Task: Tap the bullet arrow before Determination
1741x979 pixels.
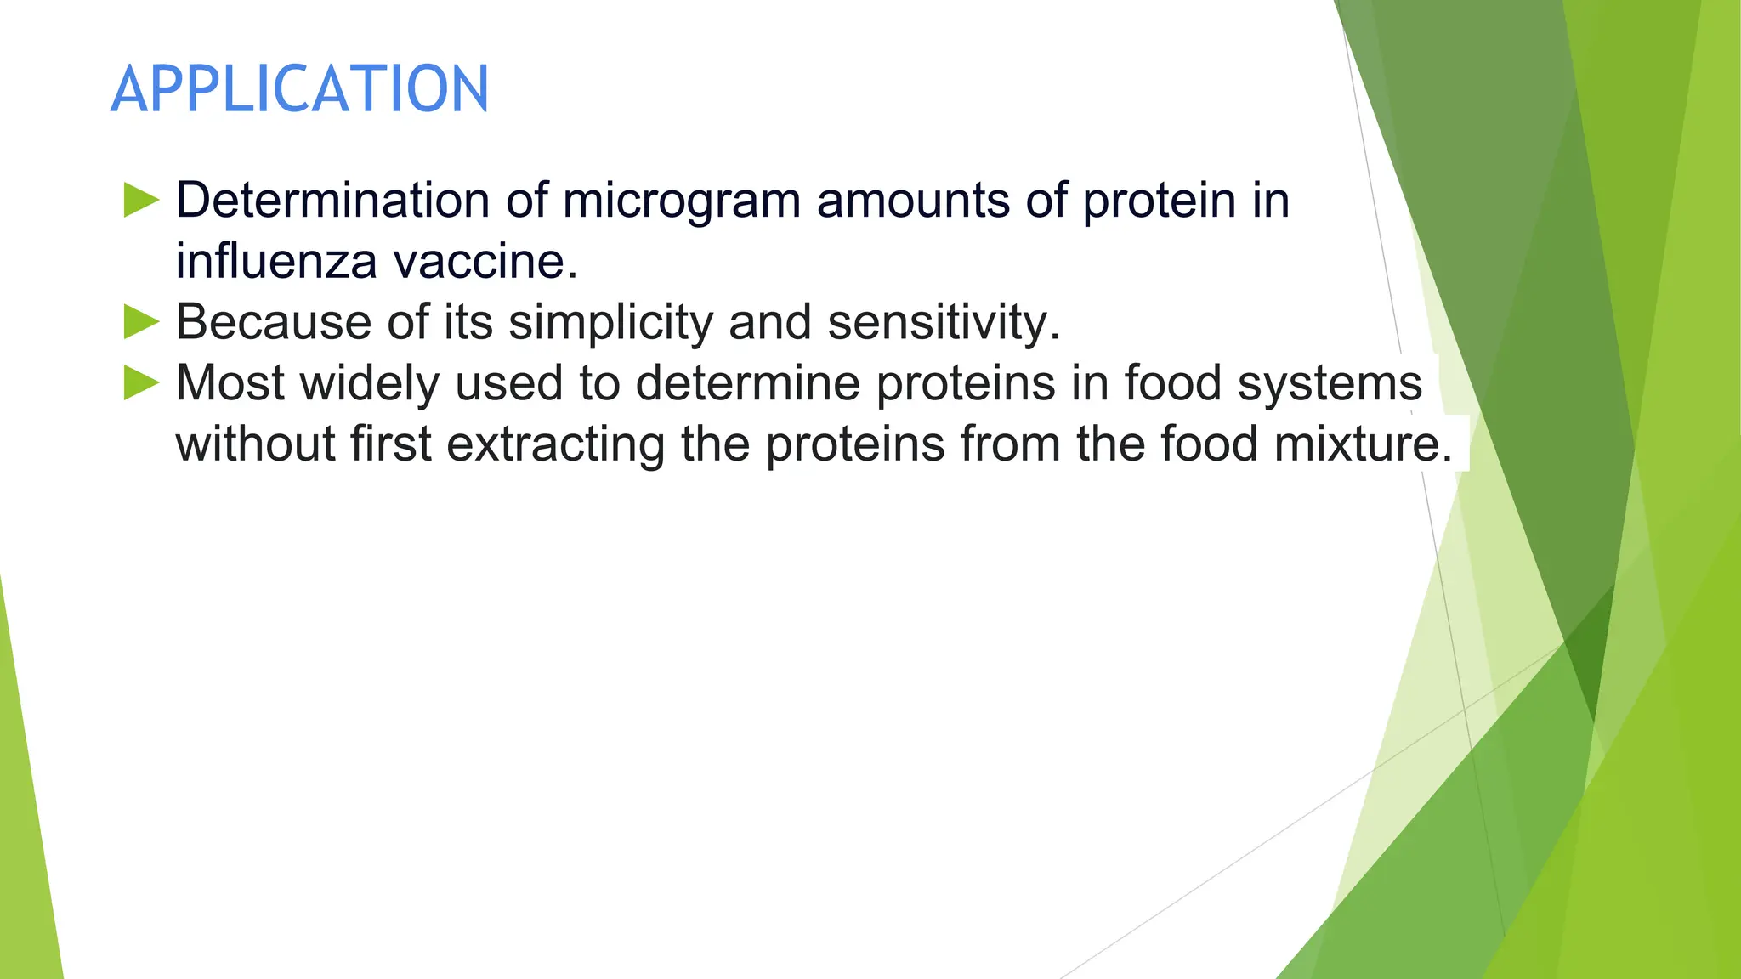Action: [x=141, y=200]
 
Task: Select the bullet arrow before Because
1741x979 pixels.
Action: [x=141, y=322]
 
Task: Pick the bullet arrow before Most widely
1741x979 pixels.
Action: [x=141, y=382]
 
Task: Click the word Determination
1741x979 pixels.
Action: [x=332, y=201]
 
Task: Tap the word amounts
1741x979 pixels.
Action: [x=912, y=201]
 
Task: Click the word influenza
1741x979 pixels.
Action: [x=276, y=261]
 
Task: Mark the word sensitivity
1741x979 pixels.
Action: [x=944, y=323]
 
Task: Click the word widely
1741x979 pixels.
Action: [x=369, y=383]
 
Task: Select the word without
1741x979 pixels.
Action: [x=255, y=444]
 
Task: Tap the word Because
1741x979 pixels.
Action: [x=273, y=322]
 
